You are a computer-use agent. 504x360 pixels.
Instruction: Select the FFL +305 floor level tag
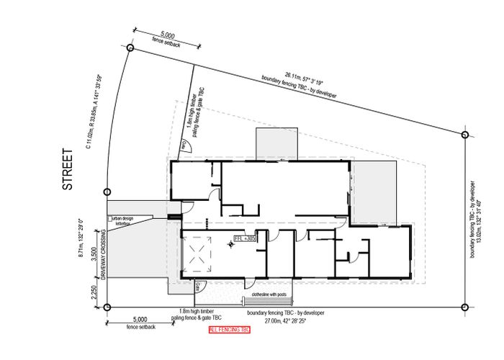click(246, 238)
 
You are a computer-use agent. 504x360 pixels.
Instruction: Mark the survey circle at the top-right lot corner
click(466, 133)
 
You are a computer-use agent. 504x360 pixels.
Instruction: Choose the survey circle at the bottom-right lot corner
click(466, 307)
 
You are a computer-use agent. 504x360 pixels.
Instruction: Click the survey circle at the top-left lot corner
click(130, 48)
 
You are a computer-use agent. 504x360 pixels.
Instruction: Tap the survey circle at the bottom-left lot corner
click(107, 307)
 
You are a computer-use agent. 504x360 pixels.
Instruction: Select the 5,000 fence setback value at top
click(168, 35)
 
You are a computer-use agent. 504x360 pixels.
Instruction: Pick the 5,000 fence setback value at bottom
click(140, 320)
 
